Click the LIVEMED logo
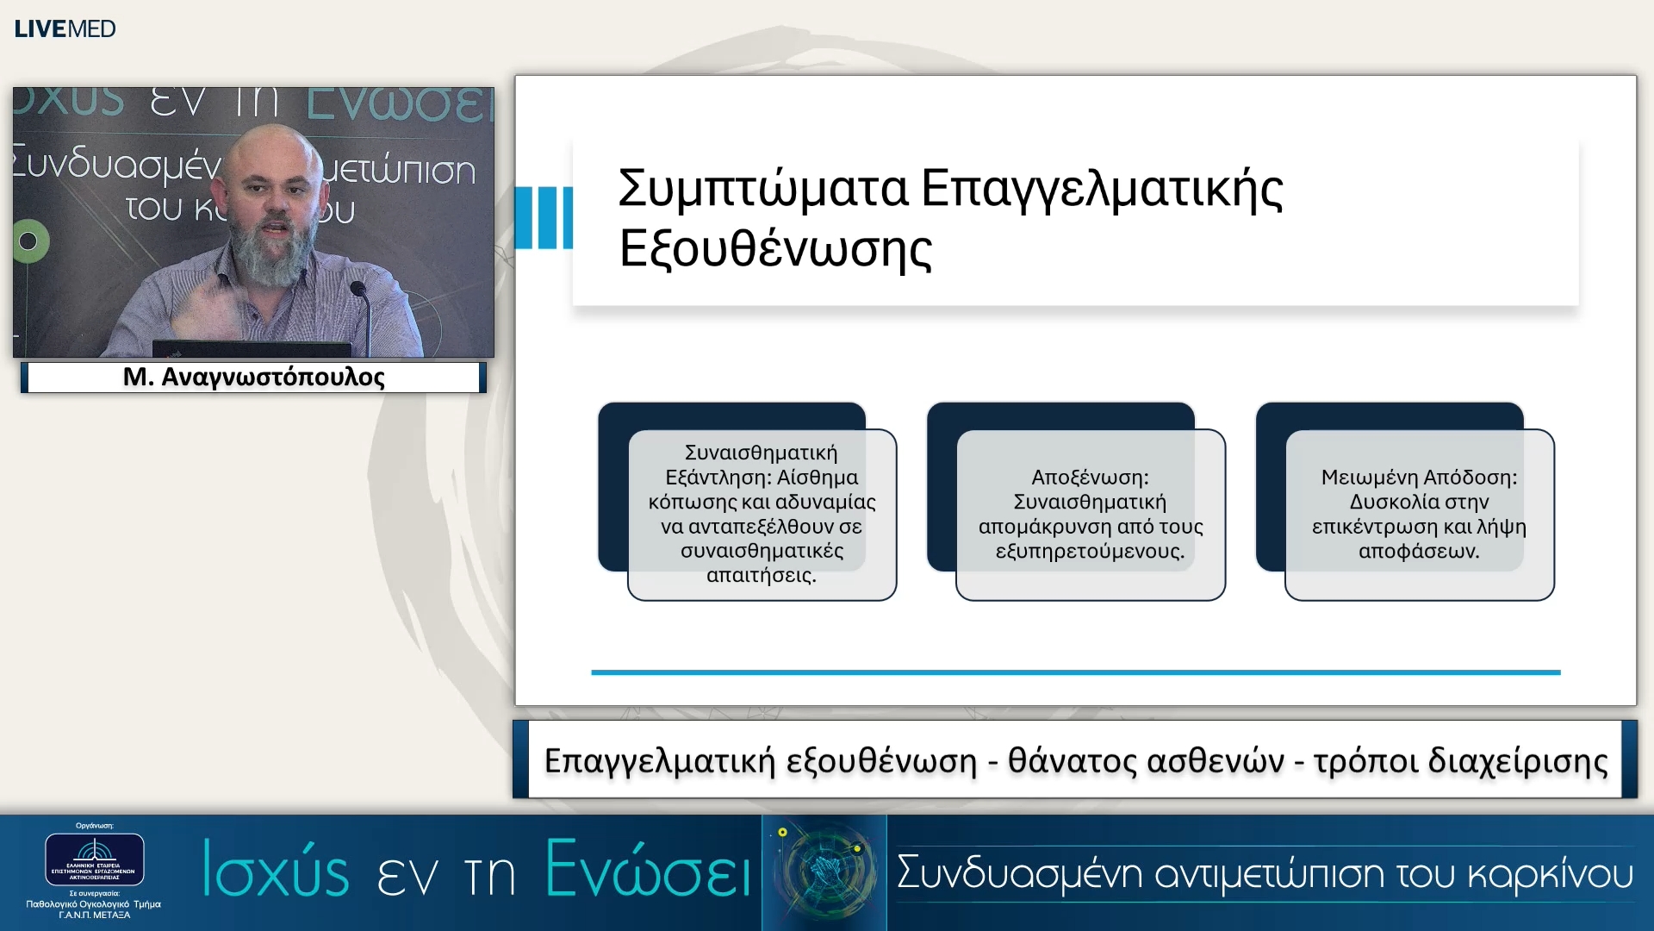pyautogui.click(x=65, y=28)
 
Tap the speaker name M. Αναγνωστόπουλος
pyautogui.click(x=253, y=377)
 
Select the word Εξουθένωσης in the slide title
pyautogui.click(x=775, y=249)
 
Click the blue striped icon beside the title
pyautogui.click(x=543, y=217)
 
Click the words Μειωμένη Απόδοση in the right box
pyautogui.click(x=1418, y=478)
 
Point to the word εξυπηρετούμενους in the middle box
pyautogui.click(x=1089, y=551)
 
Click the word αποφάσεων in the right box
pyautogui.click(x=1418, y=551)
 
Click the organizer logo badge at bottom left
pyautogui.click(x=94, y=859)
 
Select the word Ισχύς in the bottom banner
pyautogui.click(x=276, y=871)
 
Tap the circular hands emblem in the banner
pyautogui.click(x=824, y=871)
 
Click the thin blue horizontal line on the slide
pyautogui.click(x=1075, y=672)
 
